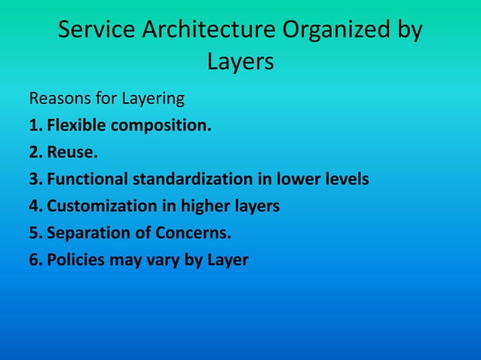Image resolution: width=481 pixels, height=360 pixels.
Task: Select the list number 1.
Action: coord(35,126)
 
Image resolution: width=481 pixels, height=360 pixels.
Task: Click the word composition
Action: coord(161,126)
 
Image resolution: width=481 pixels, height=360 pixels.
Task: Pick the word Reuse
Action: coord(72,153)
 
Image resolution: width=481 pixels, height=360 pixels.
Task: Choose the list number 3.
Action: coord(35,179)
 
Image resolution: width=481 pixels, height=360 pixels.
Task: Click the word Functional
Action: coord(87,179)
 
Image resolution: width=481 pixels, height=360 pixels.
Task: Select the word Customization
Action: coord(100,206)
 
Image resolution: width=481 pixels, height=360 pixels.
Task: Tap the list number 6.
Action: coord(35,261)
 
